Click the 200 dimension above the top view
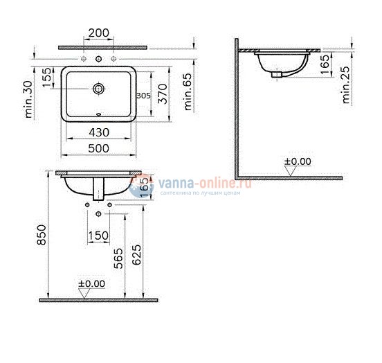[99, 33]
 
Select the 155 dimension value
[46, 78]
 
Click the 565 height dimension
[119, 257]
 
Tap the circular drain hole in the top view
[99, 89]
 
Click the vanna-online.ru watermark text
[196, 183]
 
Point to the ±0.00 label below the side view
[298, 162]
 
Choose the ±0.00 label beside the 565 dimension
[91, 284]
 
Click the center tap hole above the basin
[99, 58]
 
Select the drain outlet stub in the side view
[278, 71]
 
